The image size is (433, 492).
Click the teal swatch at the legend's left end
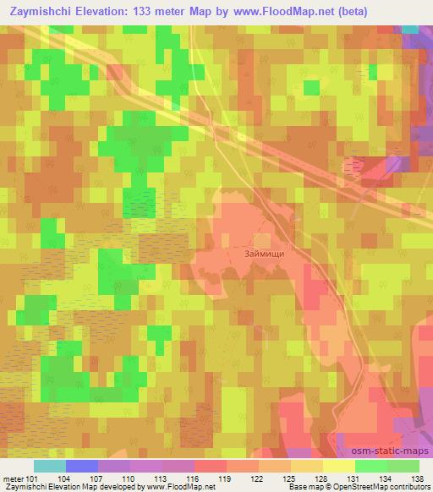50,467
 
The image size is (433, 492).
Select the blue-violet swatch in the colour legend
82,467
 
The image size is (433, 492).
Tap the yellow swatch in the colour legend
338,467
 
